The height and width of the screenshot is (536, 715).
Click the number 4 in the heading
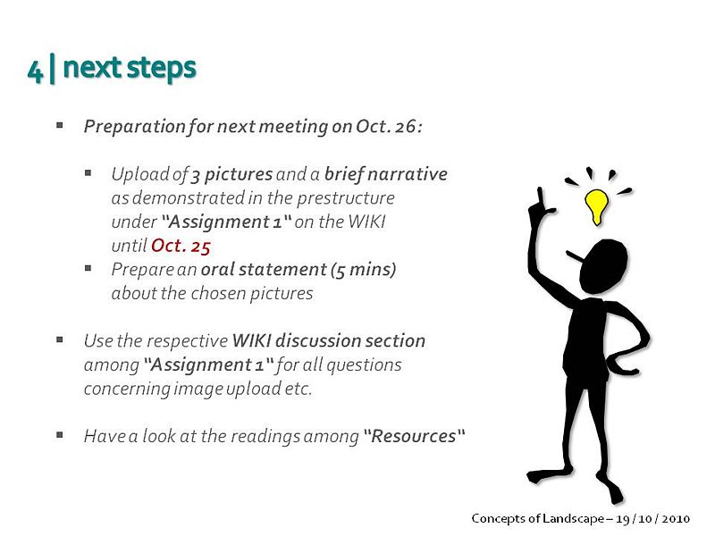coord(35,71)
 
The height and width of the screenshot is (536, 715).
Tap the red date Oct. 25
coord(181,247)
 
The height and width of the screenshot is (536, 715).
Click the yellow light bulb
coord(596,206)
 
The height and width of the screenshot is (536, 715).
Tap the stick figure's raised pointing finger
coord(541,197)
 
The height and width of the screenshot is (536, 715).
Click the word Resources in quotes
coord(414,436)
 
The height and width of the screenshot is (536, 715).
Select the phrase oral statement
coord(264,270)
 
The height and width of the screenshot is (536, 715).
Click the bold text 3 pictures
coord(231,175)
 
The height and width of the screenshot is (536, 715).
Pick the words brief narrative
coord(386,174)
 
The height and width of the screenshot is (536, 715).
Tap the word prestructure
coord(346,198)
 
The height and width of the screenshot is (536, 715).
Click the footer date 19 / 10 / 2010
coord(653,519)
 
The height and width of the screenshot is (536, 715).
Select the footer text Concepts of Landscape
coord(538,519)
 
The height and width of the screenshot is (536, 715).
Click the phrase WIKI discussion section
coord(329,341)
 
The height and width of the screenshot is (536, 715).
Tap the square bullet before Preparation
coord(60,125)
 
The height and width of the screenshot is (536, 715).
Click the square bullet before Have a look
coord(60,435)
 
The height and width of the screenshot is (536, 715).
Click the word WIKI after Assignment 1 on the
coord(367,222)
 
